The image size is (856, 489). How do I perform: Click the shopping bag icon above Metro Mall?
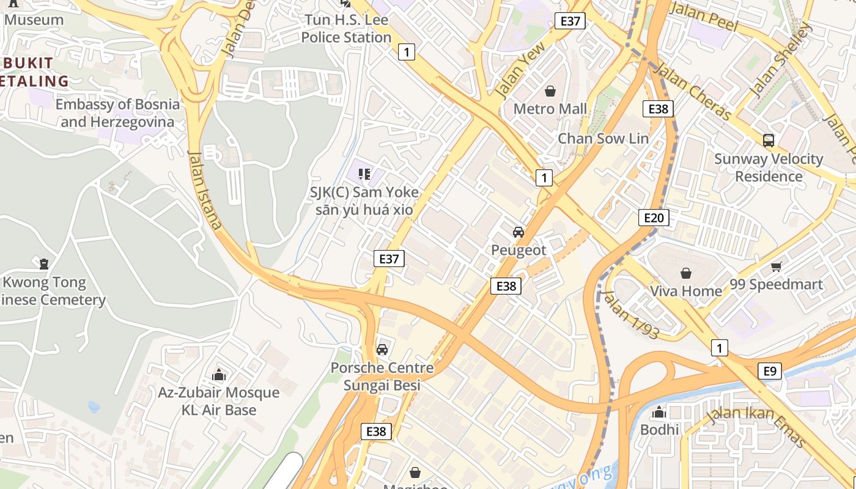(550, 91)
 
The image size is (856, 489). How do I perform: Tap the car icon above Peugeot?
(518, 232)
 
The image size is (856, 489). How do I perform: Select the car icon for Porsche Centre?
(382, 350)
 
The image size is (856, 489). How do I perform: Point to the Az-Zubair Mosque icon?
(218, 375)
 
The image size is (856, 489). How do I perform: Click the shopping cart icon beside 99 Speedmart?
(777, 267)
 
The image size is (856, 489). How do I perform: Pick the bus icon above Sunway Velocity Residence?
(769, 141)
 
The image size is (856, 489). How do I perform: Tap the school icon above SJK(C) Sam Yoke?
(364, 175)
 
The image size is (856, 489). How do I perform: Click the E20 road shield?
(654, 218)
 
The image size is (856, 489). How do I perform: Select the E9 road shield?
(770, 370)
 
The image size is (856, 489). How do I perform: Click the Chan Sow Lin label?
(603, 139)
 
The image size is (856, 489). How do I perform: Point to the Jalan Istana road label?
(204, 190)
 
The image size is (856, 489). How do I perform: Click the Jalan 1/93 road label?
(630, 314)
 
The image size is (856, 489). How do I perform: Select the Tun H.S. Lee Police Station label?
(346, 29)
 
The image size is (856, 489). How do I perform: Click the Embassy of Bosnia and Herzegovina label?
(117, 113)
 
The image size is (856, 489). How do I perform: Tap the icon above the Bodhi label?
(659, 413)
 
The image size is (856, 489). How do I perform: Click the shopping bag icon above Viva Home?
(686, 273)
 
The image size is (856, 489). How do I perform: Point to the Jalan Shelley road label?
(781, 60)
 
